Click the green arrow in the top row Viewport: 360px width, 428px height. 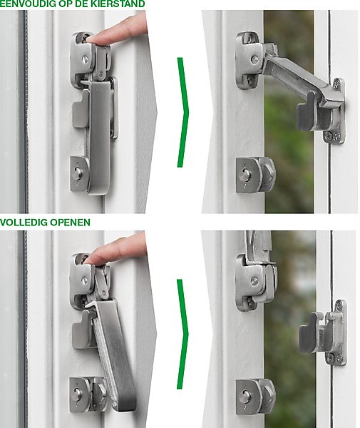[x=183, y=112]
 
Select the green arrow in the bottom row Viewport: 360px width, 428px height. [x=182, y=334]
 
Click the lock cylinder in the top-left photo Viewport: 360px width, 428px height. [x=78, y=173]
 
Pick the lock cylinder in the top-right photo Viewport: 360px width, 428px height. [x=245, y=175]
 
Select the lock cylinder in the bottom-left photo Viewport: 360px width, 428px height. [x=77, y=394]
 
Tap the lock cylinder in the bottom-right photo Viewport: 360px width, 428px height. [x=245, y=396]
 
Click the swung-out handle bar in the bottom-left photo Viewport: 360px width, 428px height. [x=113, y=340]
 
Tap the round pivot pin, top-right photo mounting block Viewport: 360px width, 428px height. [x=254, y=59]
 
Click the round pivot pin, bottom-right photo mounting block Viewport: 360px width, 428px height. [x=254, y=281]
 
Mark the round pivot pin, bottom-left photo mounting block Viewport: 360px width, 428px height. [x=85, y=280]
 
